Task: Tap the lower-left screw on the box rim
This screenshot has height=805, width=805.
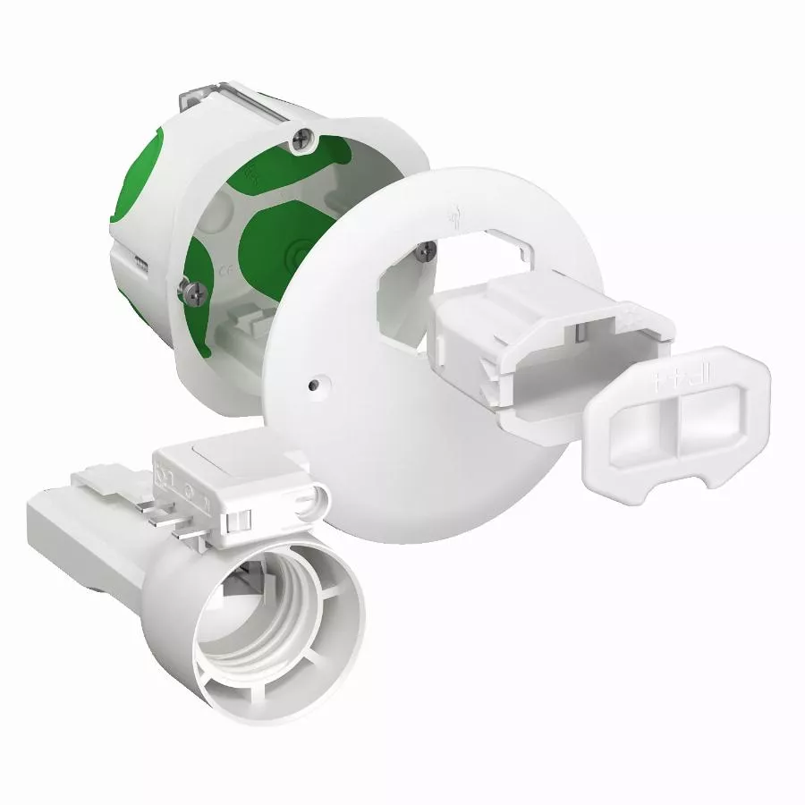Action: tap(192, 289)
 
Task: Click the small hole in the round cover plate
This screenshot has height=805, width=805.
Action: tap(312, 386)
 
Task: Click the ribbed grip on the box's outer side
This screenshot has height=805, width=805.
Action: tap(139, 259)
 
